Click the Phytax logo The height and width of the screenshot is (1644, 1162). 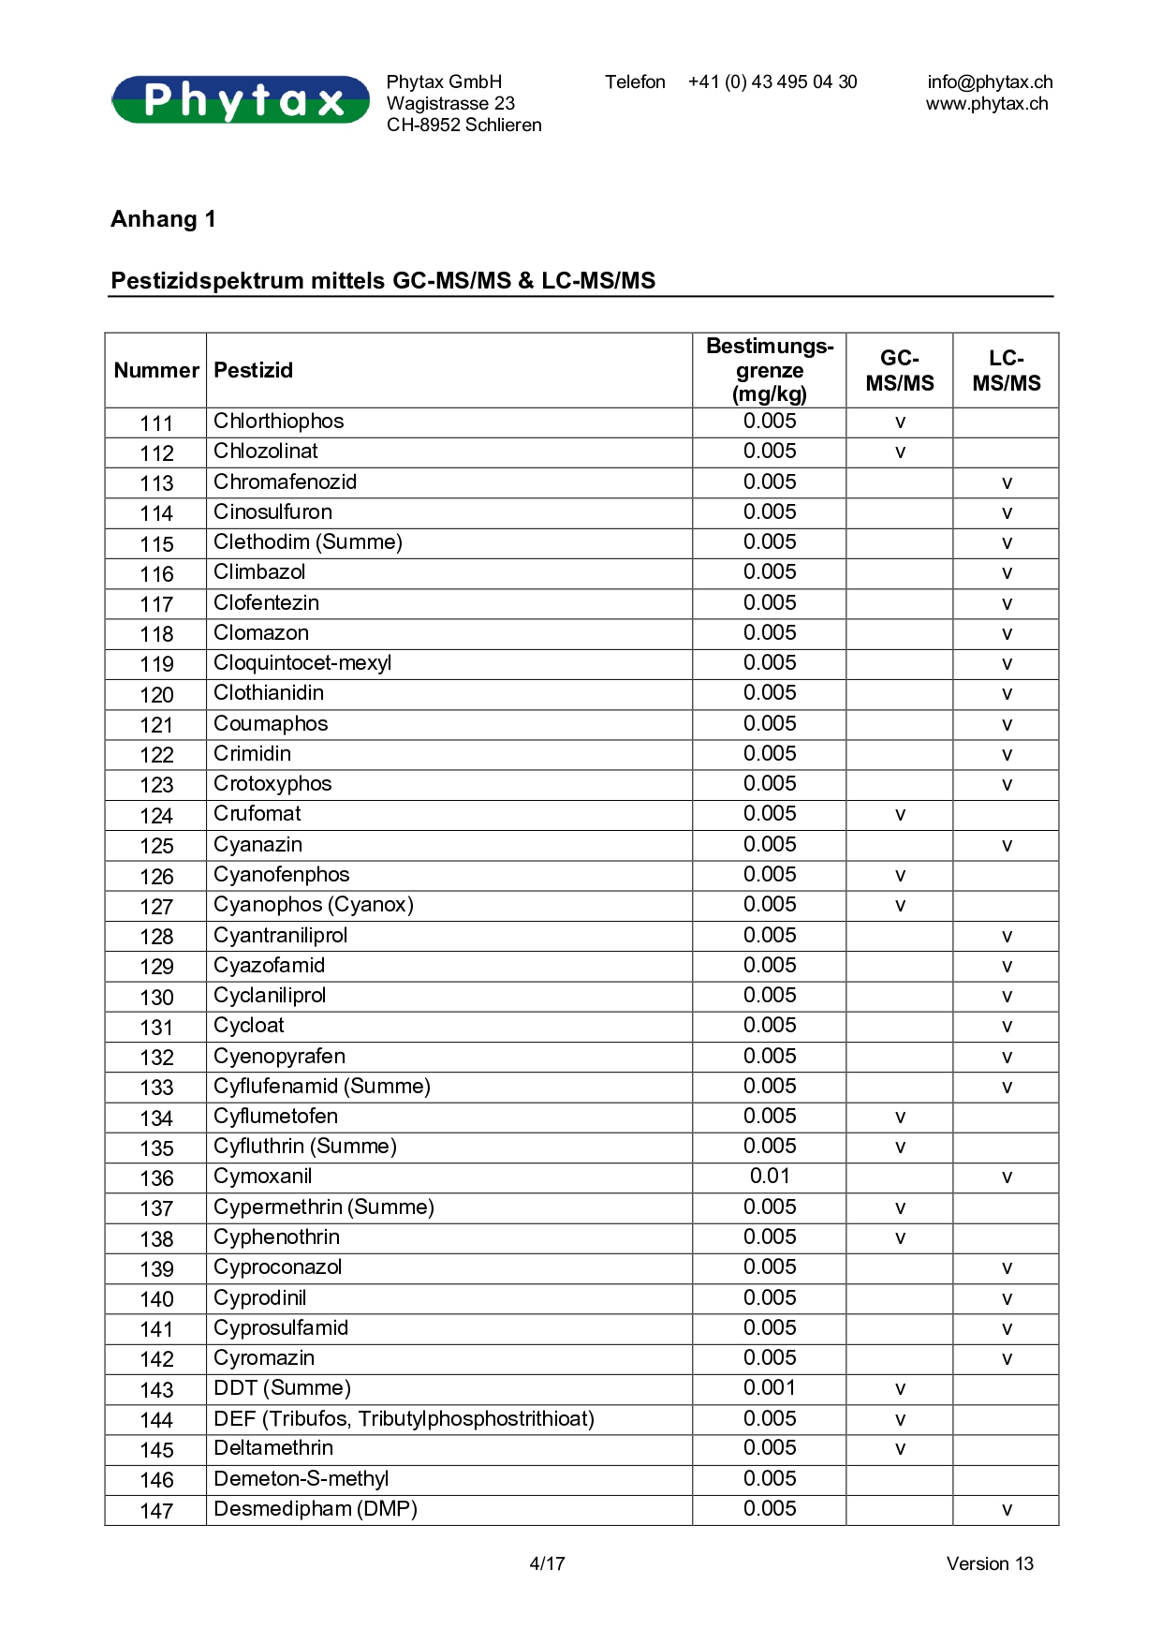click(x=241, y=99)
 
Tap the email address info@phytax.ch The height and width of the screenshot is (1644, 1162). click(x=990, y=82)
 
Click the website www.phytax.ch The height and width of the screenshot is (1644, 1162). click(x=987, y=104)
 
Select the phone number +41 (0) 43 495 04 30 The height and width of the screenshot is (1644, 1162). click(x=772, y=82)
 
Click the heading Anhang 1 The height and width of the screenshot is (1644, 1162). click(x=164, y=219)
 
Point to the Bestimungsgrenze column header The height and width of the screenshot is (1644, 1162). click(x=770, y=370)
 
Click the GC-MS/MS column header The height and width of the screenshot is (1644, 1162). click(x=900, y=371)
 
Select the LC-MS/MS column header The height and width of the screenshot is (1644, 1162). click(x=1007, y=371)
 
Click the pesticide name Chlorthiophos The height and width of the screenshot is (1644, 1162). click(x=279, y=422)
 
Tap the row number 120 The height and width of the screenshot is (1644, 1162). click(x=156, y=694)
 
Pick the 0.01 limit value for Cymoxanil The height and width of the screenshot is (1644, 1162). click(x=770, y=1177)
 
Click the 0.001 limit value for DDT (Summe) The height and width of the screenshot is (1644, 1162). click(x=770, y=1388)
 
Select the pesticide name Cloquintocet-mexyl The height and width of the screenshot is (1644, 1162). click(x=302, y=663)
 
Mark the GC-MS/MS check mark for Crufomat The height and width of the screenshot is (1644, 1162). click(x=900, y=815)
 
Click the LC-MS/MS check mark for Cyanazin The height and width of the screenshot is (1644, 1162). click(x=1007, y=846)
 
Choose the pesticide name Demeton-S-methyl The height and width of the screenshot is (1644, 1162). click(x=302, y=1479)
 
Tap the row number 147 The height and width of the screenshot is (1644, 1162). click(x=156, y=1510)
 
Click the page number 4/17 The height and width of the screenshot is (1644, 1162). click(x=548, y=1563)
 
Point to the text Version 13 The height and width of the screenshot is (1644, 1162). click(x=990, y=1563)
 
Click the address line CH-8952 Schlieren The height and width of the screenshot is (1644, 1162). click(x=464, y=126)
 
